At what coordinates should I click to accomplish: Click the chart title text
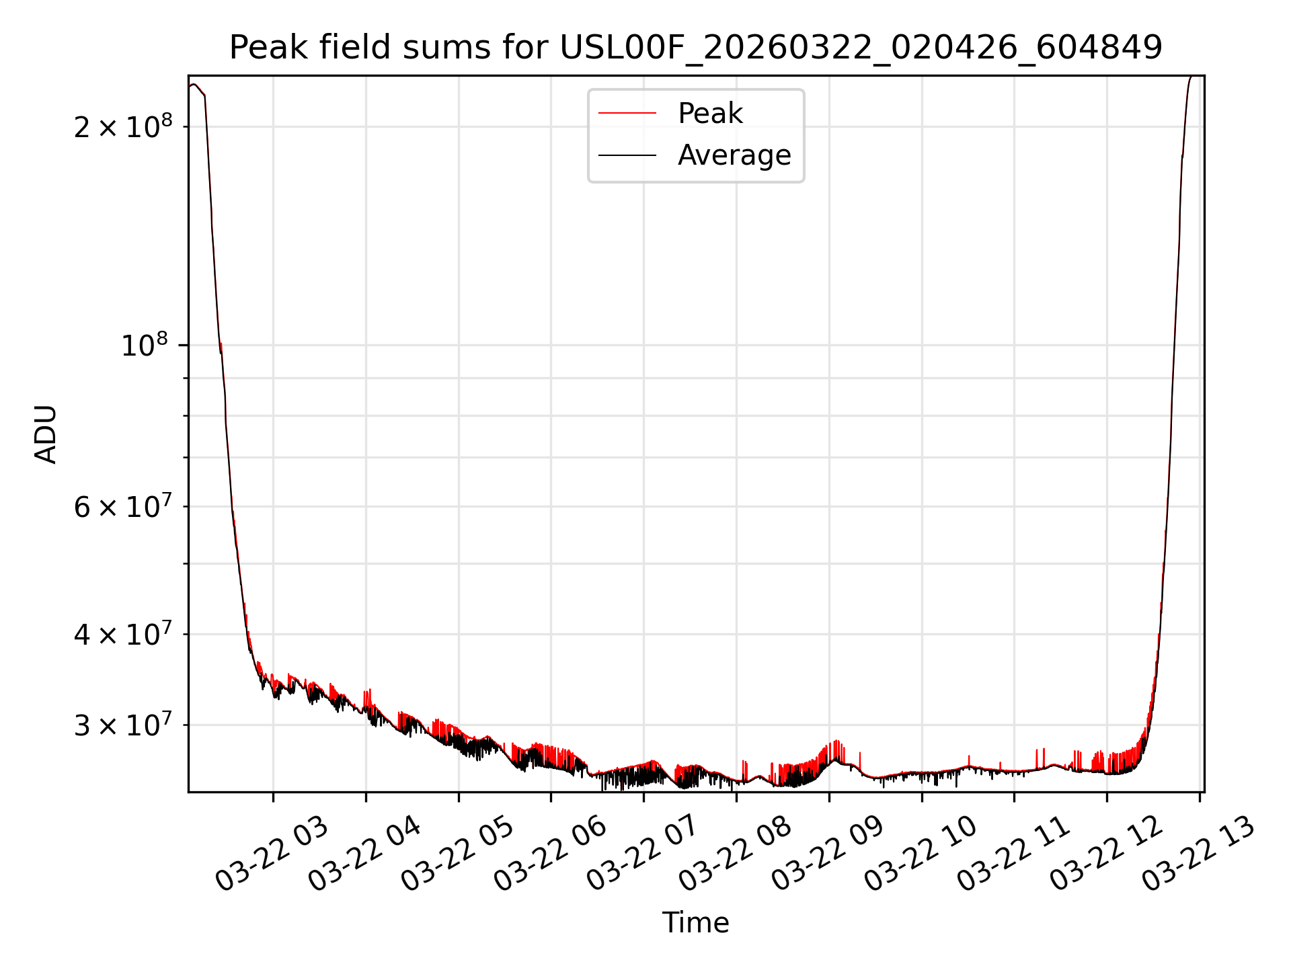click(696, 48)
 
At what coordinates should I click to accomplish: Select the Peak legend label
click(710, 114)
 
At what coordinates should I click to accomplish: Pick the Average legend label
click(734, 155)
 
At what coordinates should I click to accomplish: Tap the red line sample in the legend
click(627, 114)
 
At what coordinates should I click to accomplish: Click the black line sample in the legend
click(627, 155)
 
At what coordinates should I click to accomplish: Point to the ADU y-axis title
click(46, 434)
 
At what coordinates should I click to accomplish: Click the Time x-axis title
click(695, 923)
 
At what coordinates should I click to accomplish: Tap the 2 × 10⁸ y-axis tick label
click(123, 126)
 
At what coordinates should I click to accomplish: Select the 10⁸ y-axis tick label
click(144, 346)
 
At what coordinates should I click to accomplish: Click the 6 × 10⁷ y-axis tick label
click(123, 506)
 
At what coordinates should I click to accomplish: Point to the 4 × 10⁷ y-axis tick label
click(123, 634)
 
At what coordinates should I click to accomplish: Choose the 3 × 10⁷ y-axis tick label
click(123, 725)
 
